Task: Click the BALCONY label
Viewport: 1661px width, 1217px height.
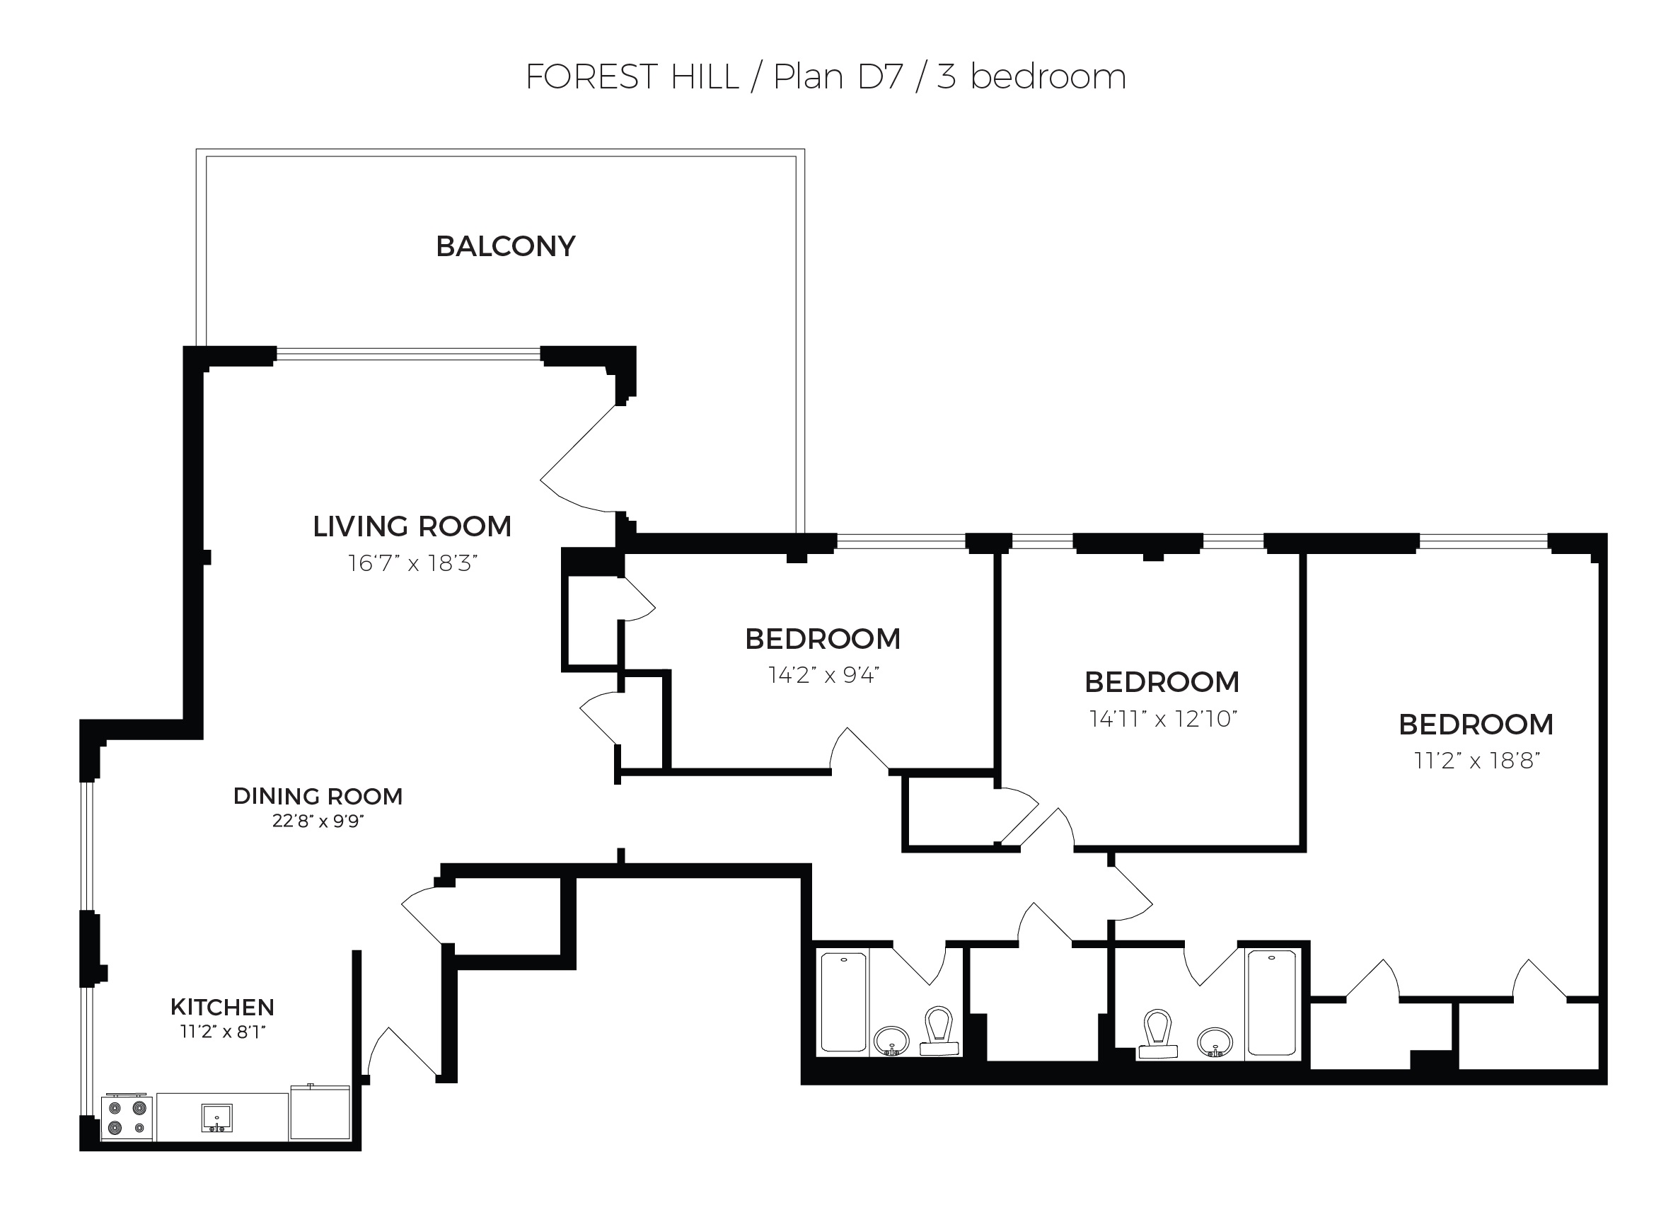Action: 505,246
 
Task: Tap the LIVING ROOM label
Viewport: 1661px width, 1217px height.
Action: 412,526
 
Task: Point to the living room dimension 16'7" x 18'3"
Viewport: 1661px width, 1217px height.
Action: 412,563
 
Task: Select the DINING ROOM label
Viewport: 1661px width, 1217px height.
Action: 318,796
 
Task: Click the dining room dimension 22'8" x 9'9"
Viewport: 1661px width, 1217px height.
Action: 318,821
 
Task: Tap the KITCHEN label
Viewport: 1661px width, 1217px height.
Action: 221,1007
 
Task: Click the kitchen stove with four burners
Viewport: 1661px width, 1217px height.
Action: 127,1118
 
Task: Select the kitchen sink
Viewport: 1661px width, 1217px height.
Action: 216,1117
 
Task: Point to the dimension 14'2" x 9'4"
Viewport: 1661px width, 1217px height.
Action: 823,675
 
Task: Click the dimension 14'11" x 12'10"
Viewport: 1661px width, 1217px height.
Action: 1162,718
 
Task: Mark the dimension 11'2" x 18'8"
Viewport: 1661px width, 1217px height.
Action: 1476,761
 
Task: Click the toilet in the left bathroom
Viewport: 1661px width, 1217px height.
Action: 939,1031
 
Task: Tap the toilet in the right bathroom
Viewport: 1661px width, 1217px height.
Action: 1157,1034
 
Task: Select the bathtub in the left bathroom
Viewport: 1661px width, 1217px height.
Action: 843,1002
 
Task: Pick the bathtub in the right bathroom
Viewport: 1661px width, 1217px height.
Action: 1271,1003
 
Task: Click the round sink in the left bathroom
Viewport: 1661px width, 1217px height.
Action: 891,1040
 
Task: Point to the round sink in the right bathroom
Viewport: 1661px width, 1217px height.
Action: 1215,1042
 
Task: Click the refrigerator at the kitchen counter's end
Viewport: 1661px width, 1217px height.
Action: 320,1112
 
